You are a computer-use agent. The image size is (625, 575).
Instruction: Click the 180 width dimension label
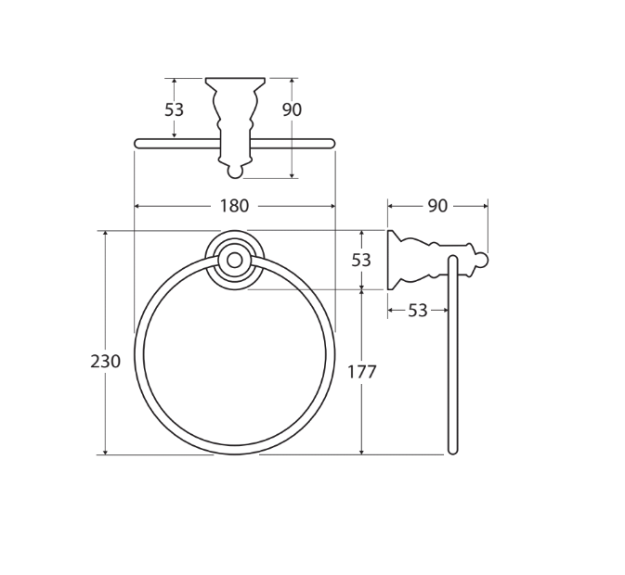click(234, 206)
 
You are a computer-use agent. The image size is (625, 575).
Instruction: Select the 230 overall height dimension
click(105, 362)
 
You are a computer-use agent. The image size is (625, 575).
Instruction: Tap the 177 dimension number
click(361, 372)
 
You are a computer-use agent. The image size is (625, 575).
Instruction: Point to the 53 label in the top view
click(174, 109)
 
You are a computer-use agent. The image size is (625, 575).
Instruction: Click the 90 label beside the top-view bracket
click(292, 109)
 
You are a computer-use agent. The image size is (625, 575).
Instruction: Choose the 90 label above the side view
click(437, 206)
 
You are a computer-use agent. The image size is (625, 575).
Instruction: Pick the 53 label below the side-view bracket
click(418, 311)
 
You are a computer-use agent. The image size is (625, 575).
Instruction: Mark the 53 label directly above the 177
click(361, 261)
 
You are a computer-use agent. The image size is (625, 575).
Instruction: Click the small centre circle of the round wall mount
click(235, 261)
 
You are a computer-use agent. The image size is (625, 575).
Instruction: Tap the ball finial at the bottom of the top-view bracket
click(235, 171)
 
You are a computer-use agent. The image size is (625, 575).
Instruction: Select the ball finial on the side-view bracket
click(480, 261)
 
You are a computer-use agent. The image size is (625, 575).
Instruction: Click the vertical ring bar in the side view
click(453, 362)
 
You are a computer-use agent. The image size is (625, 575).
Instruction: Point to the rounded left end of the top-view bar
click(138, 144)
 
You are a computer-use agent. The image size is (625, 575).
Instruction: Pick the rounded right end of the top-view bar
click(331, 144)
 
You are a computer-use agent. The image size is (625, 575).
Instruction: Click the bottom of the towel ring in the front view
click(235, 450)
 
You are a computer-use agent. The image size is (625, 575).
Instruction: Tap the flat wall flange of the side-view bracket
click(390, 261)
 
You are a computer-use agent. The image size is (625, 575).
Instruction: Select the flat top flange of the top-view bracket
click(235, 81)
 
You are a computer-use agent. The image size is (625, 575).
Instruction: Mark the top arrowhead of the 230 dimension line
click(105, 234)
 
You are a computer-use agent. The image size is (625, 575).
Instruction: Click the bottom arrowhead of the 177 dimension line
click(361, 451)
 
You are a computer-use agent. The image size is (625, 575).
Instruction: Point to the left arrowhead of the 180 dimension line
click(137, 206)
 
